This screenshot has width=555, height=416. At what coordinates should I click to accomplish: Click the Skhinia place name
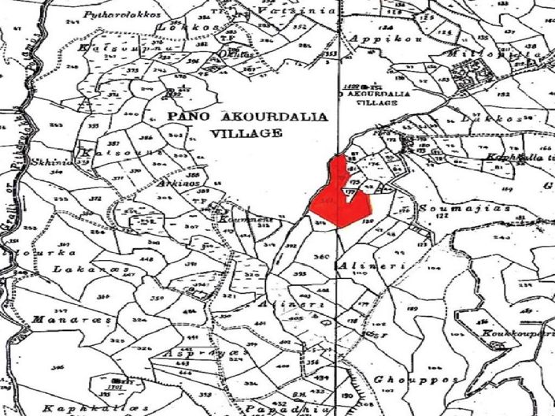click(x=52, y=162)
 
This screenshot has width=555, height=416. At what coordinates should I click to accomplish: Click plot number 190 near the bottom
click(x=346, y=396)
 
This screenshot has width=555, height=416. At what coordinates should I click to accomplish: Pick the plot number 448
click(x=146, y=259)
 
